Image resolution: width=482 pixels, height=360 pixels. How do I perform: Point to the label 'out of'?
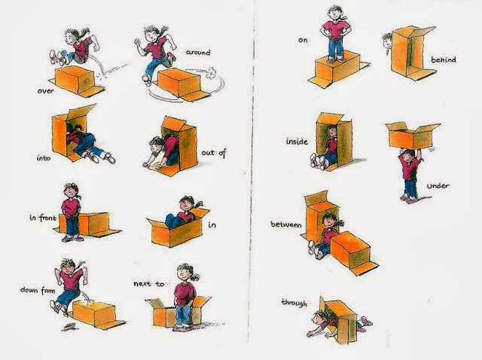point(215,152)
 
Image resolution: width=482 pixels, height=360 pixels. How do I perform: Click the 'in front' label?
point(44,218)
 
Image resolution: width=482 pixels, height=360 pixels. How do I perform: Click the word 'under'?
point(440,185)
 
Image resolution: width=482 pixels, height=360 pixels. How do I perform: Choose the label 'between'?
point(285,225)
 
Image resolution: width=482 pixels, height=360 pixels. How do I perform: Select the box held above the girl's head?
point(411,137)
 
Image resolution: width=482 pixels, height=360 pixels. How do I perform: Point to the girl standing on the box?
point(335,32)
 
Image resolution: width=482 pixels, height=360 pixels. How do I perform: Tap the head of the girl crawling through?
point(317,330)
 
